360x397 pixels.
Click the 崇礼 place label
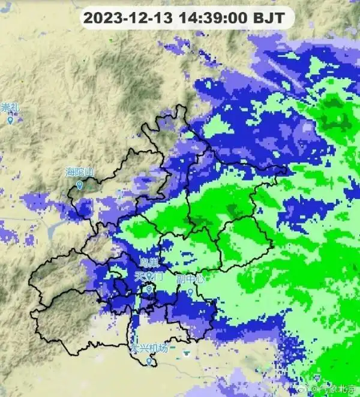[x=10, y=108]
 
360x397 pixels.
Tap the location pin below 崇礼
[x=10, y=121]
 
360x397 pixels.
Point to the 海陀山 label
[x=80, y=173]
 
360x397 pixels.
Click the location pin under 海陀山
[x=79, y=186]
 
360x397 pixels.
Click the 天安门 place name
[x=148, y=277]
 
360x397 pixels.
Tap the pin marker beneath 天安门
[x=149, y=290]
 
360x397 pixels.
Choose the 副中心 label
[x=190, y=279]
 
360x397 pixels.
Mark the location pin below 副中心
[x=190, y=293]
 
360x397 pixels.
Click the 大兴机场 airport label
[x=149, y=348]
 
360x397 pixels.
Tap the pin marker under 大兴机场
[x=149, y=361]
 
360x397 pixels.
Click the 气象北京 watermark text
[x=335, y=389]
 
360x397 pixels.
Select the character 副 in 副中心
[x=181, y=279]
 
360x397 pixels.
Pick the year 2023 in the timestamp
[x=98, y=18]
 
